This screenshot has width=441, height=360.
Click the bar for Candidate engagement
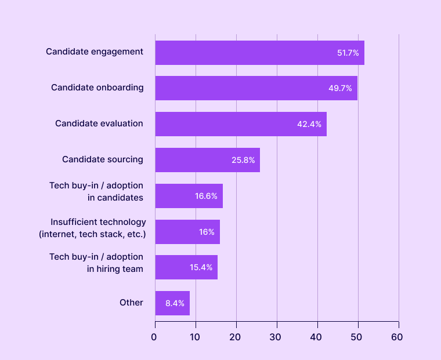(x=259, y=53)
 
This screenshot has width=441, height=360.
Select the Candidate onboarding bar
(x=256, y=88)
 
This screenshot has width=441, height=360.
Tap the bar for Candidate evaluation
(x=241, y=124)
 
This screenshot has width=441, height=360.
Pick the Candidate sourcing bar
(x=207, y=160)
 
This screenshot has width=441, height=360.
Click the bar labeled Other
(x=172, y=303)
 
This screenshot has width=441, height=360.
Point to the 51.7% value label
(x=348, y=53)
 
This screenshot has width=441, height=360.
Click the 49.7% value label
(x=341, y=89)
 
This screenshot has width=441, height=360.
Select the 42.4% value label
(x=309, y=124)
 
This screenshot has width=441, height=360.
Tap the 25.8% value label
(x=243, y=160)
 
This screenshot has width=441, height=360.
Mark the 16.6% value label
(x=206, y=196)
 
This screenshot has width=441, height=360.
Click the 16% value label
(x=207, y=232)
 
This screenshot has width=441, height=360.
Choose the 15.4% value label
(x=201, y=268)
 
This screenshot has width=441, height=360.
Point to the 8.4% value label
(x=175, y=303)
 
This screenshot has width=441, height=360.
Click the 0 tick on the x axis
(x=154, y=337)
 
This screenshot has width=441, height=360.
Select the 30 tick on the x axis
(x=276, y=337)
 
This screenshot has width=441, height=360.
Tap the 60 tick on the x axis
(x=398, y=337)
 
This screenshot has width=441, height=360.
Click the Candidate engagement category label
(x=95, y=52)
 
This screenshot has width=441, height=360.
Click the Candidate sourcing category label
(x=103, y=159)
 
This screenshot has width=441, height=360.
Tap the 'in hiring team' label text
(x=115, y=268)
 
